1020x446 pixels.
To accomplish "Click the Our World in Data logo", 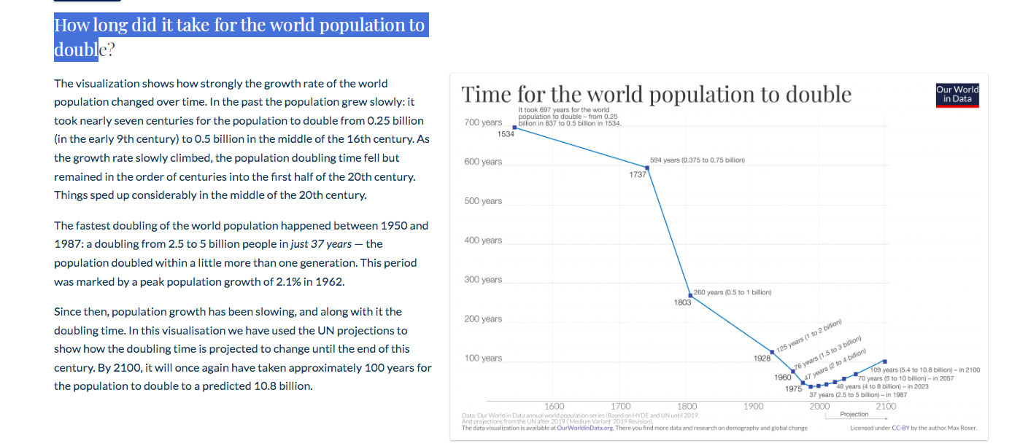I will coord(957,95).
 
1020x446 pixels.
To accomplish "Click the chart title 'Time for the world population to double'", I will coord(656,95).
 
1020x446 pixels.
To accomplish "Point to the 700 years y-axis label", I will coord(483,122).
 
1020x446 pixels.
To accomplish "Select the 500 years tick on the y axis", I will coord(483,201).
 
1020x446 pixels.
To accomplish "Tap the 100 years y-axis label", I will coord(483,359).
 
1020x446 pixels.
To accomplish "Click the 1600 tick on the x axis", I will coord(555,407).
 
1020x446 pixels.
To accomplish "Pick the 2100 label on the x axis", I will coord(886,407).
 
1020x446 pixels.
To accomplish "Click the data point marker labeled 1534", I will coord(515,128).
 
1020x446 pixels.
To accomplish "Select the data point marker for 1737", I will coord(647,167).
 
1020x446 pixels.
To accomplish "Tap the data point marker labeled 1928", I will coord(773,352).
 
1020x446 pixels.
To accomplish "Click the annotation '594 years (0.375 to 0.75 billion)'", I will coord(697,160).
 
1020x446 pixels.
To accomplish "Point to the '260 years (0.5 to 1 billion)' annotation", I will coord(732,292).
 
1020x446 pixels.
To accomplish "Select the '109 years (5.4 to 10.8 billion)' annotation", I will coord(924,370).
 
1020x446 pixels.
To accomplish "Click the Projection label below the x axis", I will coord(854,414).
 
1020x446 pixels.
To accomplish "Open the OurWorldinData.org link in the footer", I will coord(584,428).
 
